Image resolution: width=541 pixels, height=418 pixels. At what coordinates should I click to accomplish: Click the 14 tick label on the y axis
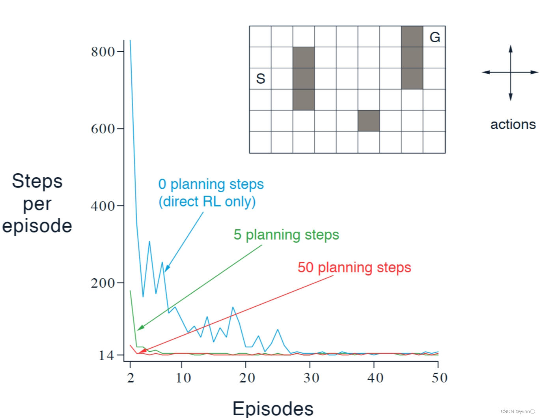(106, 356)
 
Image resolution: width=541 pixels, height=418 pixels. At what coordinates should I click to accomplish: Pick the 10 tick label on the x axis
(183, 378)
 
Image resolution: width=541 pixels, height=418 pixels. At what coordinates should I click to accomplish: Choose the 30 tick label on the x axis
(312, 378)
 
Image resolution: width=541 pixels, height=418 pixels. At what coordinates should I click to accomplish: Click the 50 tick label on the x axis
(439, 378)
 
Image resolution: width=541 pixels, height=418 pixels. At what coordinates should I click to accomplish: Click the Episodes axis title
(273, 409)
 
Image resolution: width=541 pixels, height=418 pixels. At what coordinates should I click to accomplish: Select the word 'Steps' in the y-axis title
(37, 181)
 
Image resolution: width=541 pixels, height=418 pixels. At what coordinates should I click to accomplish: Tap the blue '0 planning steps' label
(211, 184)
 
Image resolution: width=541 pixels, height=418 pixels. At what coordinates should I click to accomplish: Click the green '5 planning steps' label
(286, 235)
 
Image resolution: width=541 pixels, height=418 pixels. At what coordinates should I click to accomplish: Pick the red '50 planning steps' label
(354, 268)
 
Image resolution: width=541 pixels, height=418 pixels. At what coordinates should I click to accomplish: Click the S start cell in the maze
(260, 79)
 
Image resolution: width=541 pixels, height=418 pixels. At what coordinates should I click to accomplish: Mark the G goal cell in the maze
(435, 37)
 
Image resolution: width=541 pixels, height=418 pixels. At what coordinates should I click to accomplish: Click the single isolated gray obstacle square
(369, 121)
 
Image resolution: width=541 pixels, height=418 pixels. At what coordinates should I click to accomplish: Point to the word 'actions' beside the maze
(513, 125)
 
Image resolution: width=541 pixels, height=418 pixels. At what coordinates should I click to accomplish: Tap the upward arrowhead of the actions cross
(511, 49)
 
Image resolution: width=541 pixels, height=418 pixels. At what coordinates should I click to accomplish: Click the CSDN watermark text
(517, 412)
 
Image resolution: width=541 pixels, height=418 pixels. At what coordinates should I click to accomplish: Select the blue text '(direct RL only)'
(207, 202)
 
